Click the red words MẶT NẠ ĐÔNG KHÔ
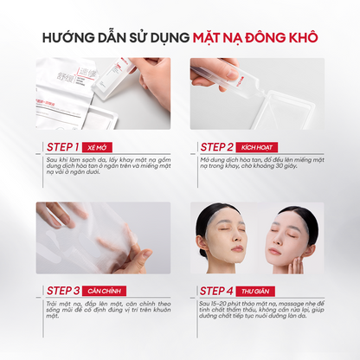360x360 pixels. (256, 37)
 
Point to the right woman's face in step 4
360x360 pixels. (290, 240)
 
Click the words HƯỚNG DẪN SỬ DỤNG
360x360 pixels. (120, 37)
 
